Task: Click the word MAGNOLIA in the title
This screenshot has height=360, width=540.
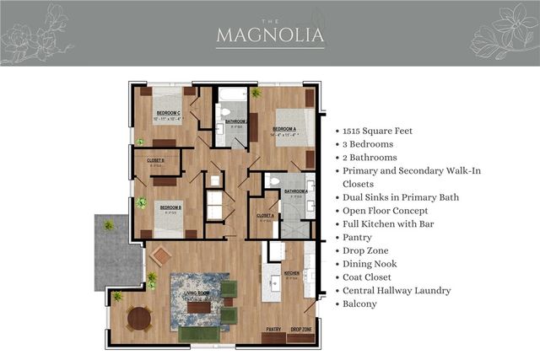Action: [269, 35]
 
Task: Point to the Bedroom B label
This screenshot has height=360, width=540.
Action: [172, 207]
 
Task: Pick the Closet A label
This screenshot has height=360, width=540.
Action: [265, 215]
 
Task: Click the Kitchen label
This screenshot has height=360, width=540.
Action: [292, 273]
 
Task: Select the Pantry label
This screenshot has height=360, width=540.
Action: [273, 329]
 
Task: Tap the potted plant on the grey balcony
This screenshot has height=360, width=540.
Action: [108, 224]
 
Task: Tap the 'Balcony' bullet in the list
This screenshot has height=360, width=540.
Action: [359, 303]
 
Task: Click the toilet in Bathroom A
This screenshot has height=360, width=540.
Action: [272, 180]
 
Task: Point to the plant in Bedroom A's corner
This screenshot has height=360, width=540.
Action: [256, 94]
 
